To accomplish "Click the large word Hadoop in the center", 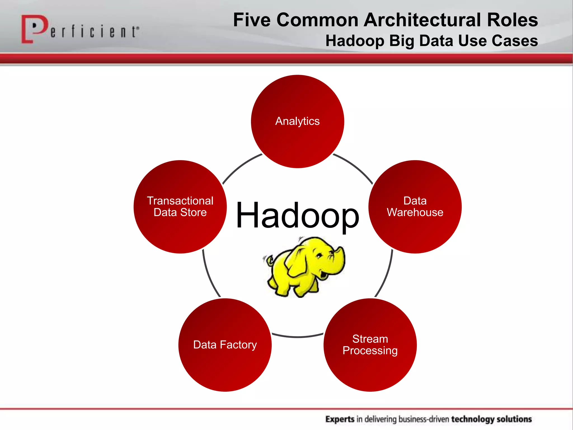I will [x=297, y=216].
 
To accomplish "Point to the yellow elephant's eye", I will [x=319, y=255].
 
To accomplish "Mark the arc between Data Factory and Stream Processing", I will [x=297, y=337].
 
